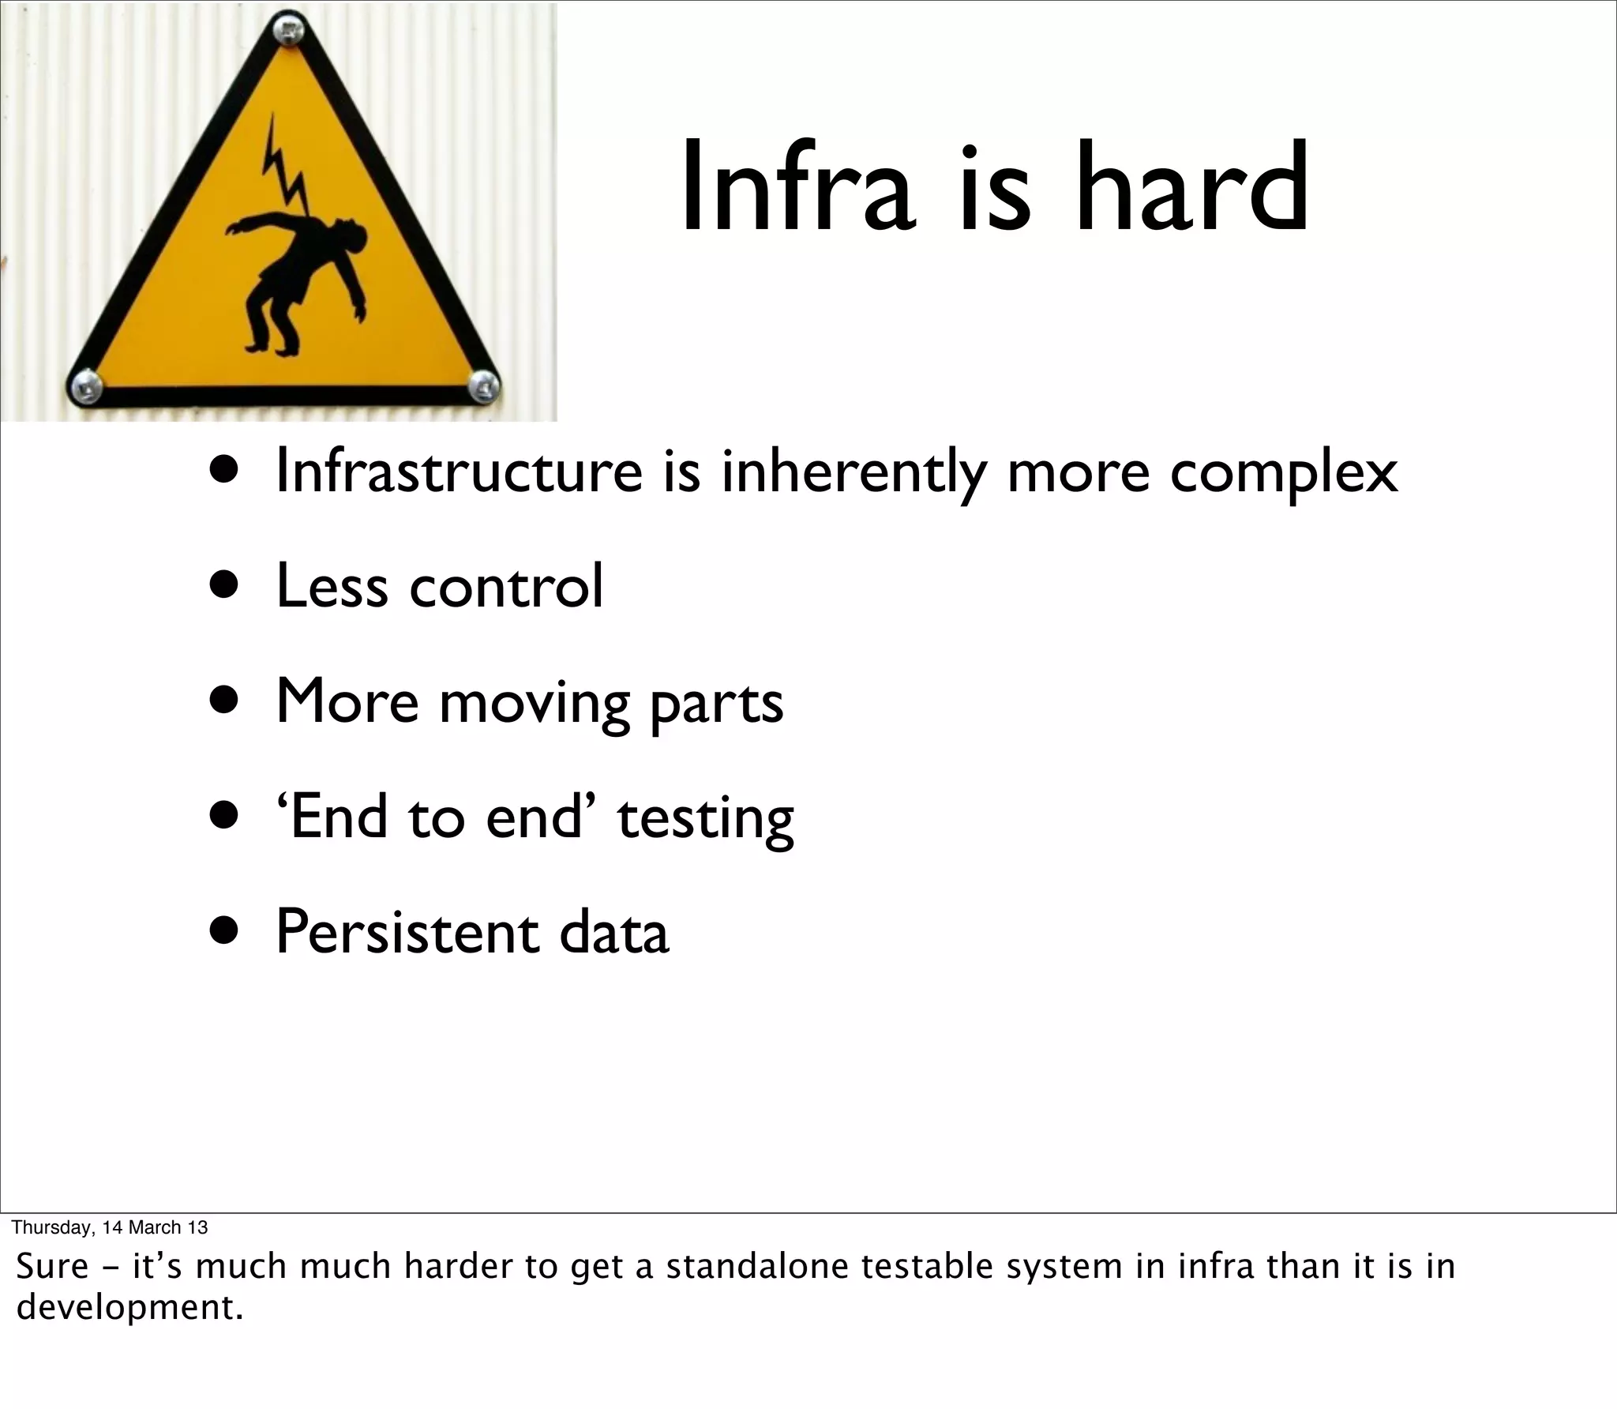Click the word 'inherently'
coord(854,472)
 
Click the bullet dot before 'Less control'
coord(224,586)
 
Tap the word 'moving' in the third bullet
coord(534,703)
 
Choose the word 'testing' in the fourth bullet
coord(705,818)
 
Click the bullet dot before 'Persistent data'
coord(224,933)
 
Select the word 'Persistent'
coord(407,933)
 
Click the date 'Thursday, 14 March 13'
coord(110,1227)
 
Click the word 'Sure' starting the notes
coord(52,1267)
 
